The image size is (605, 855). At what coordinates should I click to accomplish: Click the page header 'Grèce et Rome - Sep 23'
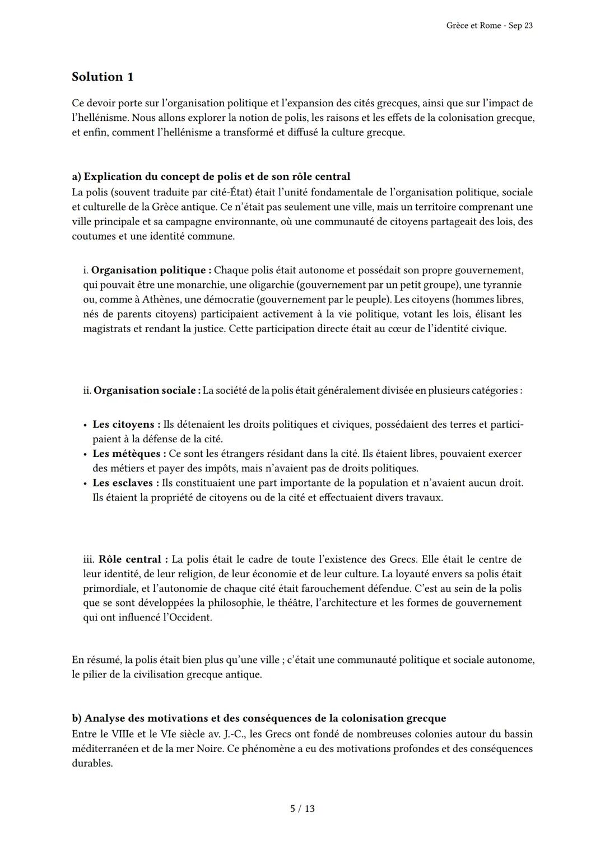[x=490, y=26]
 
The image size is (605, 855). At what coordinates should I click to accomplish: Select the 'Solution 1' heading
[x=103, y=77]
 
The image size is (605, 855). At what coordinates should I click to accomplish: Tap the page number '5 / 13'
[x=302, y=809]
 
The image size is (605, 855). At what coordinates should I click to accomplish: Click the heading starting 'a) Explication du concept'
[x=211, y=176]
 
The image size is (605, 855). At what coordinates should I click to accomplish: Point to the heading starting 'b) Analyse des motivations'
[x=259, y=718]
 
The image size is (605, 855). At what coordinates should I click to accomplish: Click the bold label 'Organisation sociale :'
[x=147, y=390]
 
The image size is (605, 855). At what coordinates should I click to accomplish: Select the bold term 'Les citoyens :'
[x=127, y=424]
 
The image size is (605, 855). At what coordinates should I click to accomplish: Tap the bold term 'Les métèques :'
[x=129, y=454]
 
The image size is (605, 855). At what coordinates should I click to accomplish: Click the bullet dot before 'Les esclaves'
[x=85, y=483]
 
